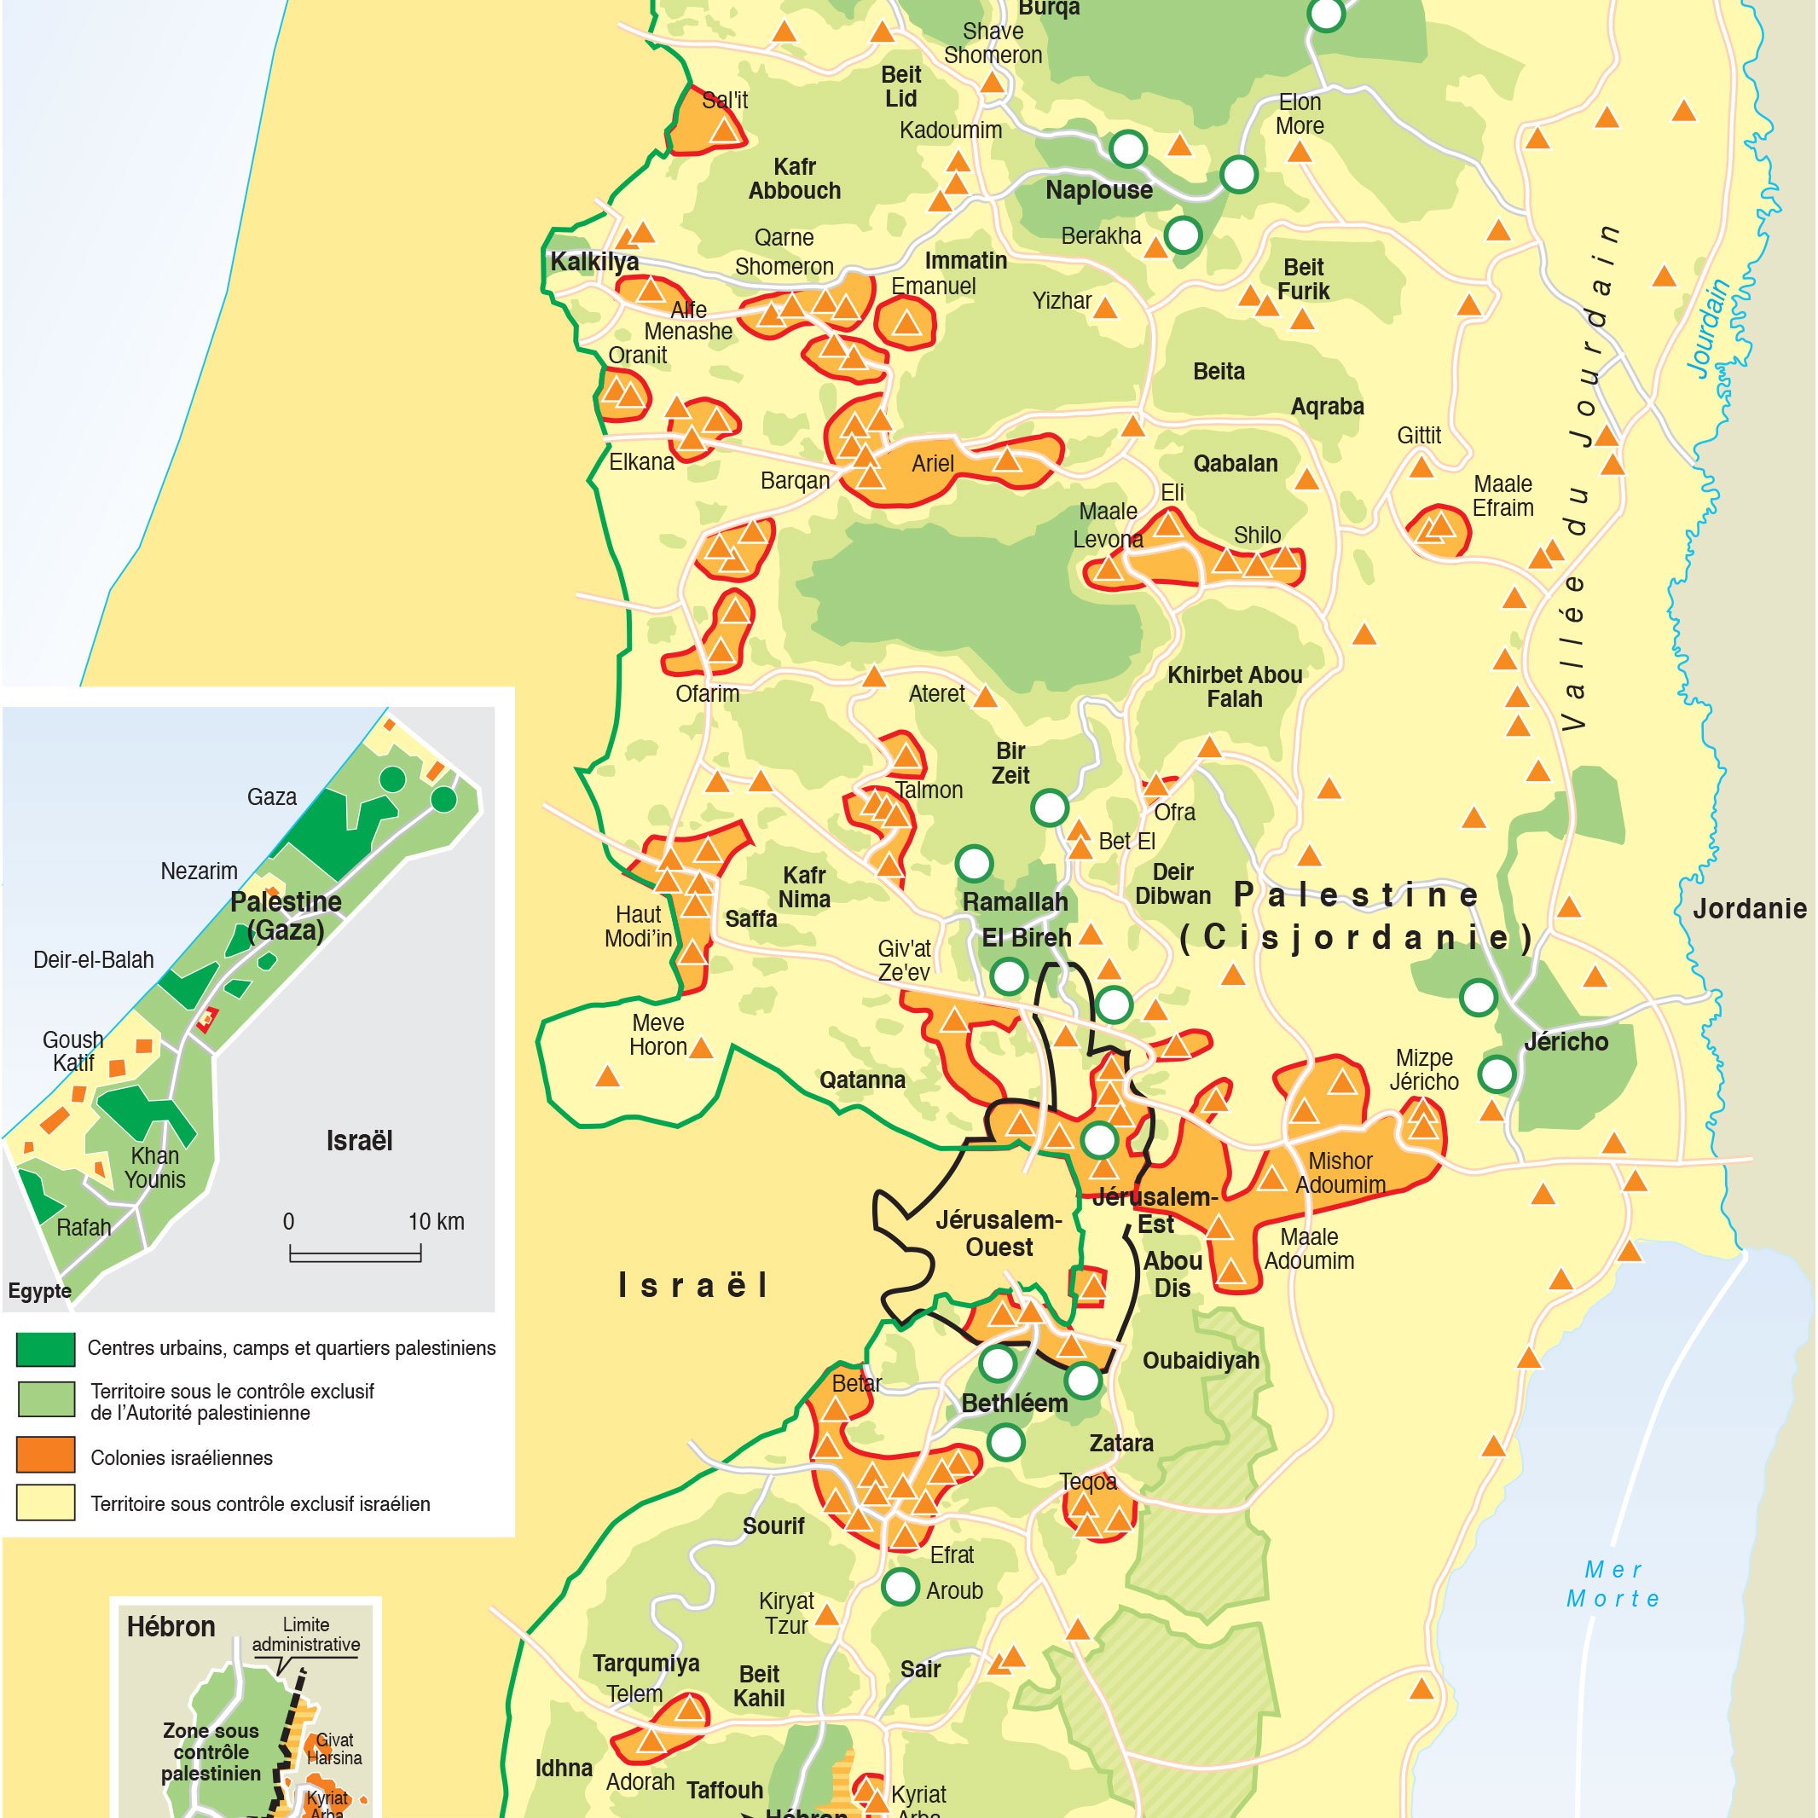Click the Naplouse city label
tap(1098, 190)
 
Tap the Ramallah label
tap(1015, 901)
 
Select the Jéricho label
tap(1566, 1042)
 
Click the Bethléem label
tap(1015, 1403)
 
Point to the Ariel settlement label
tap(933, 463)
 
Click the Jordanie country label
tap(1749, 909)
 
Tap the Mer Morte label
tap(1612, 1584)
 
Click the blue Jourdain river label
tap(1710, 329)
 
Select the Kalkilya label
tap(593, 262)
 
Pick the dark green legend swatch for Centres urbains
tap(45, 1349)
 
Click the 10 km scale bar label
tap(436, 1221)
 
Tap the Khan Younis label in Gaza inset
tap(155, 1167)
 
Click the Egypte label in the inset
tap(39, 1291)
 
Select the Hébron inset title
tap(171, 1627)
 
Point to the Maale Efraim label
tap(1502, 496)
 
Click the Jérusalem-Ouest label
tap(999, 1234)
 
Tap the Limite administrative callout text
tap(306, 1635)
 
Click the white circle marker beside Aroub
tap(900, 1587)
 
